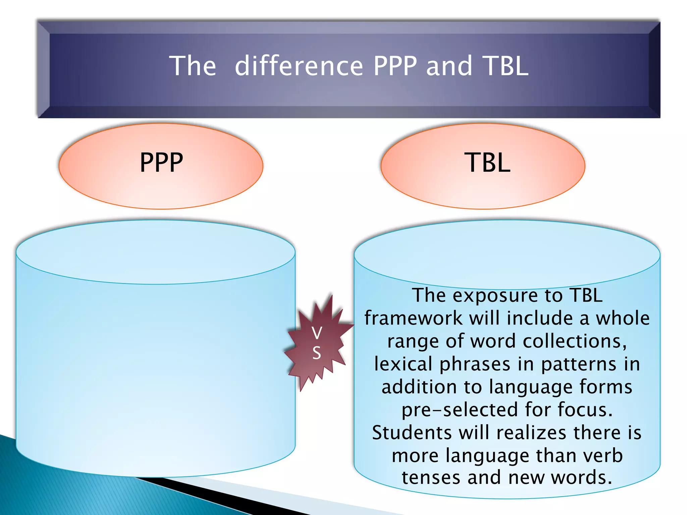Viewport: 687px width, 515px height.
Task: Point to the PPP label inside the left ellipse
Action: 161,163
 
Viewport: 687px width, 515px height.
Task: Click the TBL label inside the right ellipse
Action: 487,163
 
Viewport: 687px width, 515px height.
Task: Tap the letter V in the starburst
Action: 317,333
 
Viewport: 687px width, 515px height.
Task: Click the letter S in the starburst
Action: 317,353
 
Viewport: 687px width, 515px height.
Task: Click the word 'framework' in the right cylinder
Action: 413,318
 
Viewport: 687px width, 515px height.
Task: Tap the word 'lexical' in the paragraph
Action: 403,364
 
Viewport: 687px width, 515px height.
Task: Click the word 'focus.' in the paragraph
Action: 585,410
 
